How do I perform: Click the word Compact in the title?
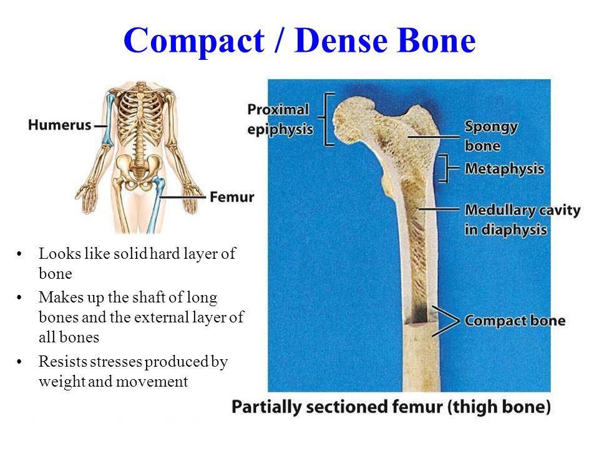click(x=194, y=41)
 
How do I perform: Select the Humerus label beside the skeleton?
click(x=60, y=125)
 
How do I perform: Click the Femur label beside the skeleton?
click(x=232, y=197)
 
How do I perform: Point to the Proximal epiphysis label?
click(x=280, y=119)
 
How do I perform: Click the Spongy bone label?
click(x=491, y=136)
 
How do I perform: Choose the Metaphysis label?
click(x=504, y=168)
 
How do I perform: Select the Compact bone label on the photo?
click(x=515, y=321)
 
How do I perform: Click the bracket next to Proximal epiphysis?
click(x=325, y=119)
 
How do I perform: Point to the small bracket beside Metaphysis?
click(x=446, y=168)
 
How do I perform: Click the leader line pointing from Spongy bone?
click(x=433, y=137)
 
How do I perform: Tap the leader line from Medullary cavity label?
click(x=439, y=209)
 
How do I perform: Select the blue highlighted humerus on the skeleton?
click(x=109, y=120)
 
